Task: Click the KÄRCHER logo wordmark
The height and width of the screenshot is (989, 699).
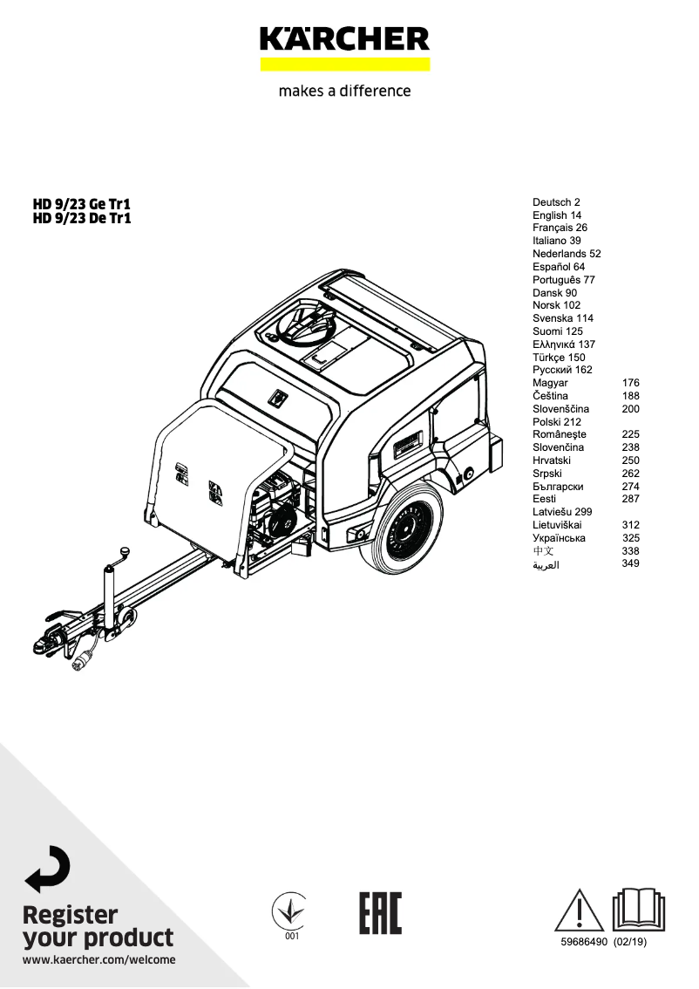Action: click(344, 39)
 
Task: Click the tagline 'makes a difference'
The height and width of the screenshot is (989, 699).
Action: click(344, 91)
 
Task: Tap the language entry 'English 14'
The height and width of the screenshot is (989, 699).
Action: click(557, 215)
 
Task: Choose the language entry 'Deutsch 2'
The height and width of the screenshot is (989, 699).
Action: click(556, 202)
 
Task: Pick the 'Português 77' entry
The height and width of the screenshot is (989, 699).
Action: click(564, 280)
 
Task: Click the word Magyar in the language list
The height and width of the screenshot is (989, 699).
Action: click(550, 383)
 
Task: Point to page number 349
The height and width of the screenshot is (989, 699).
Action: click(630, 564)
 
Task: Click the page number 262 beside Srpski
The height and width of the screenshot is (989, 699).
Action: click(630, 474)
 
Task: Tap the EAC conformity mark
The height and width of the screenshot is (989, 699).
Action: click(380, 913)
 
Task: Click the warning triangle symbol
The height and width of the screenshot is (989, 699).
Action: click(580, 911)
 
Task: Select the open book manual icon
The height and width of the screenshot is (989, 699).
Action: click(639, 911)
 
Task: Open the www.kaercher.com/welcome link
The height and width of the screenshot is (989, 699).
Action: click(98, 960)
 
